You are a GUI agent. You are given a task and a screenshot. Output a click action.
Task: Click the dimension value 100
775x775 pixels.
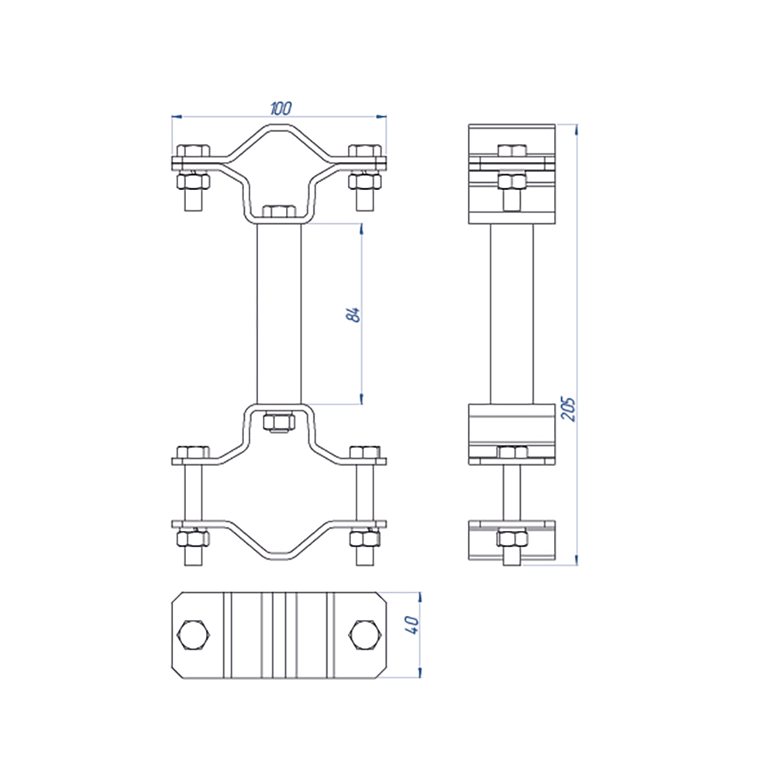(281, 108)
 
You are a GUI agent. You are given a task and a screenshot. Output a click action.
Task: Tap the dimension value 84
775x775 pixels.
(354, 315)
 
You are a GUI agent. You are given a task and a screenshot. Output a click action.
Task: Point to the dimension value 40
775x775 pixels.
(412, 625)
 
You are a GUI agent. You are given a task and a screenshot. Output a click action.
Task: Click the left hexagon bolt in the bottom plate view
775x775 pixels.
(194, 635)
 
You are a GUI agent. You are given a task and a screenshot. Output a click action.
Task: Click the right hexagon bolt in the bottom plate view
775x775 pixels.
(365, 635)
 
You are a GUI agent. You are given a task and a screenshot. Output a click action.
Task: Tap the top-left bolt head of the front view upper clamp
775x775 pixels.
(193, 150)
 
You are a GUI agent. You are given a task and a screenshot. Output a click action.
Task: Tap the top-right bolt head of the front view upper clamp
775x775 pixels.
(365, 150)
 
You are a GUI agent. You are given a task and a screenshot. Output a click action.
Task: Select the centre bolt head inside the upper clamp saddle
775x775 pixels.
(279, 212)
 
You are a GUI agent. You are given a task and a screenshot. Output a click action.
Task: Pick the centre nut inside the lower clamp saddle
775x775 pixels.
(279, 422)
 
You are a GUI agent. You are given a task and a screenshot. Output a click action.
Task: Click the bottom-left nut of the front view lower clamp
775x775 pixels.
(193, 538)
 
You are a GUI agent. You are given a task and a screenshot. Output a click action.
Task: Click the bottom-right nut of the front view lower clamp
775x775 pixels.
(365, 538)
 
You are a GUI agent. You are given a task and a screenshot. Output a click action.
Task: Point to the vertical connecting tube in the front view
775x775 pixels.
(279, 314)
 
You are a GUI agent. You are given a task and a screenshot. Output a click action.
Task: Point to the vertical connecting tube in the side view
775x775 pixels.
(512, 314)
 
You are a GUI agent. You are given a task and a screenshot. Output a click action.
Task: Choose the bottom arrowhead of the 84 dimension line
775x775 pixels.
(361, 398)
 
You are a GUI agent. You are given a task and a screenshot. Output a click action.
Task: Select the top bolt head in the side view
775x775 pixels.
(512, 151)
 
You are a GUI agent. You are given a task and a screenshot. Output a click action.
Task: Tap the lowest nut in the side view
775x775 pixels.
(512, 538)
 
